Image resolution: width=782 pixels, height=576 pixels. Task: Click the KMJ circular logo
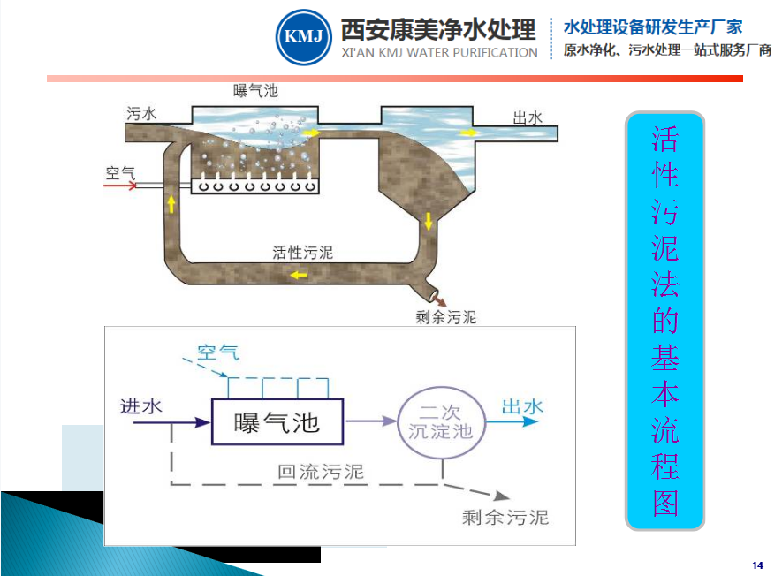click(x=304, y=36)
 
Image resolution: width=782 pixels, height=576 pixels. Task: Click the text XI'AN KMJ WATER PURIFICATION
click(x=439, y=53)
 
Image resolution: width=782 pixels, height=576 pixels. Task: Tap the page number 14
click(x=757, y=565)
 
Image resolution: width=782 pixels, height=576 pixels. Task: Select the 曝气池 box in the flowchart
click(x=277, y=421)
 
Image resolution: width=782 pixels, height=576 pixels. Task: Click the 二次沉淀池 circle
click(x=440, y=421)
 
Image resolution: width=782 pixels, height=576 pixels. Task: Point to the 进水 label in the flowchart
click(x=141, y=406)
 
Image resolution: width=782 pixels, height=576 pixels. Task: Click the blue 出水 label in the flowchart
click(x=522, y=406)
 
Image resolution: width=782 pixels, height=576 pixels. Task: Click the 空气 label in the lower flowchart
click(x=218, y=352)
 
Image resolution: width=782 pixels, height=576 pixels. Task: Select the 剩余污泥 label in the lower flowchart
click(x=505, y=517)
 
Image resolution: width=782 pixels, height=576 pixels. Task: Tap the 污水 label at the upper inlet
click(x=141, y=114)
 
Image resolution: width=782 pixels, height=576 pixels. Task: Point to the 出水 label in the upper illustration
click(x=528, y=117)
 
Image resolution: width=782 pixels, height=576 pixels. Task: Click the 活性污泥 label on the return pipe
click(x=303, y=252)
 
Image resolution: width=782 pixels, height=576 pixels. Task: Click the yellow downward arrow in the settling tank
click(x=429, y=220)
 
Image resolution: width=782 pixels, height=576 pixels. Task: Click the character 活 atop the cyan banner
click(x=664, y=139)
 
